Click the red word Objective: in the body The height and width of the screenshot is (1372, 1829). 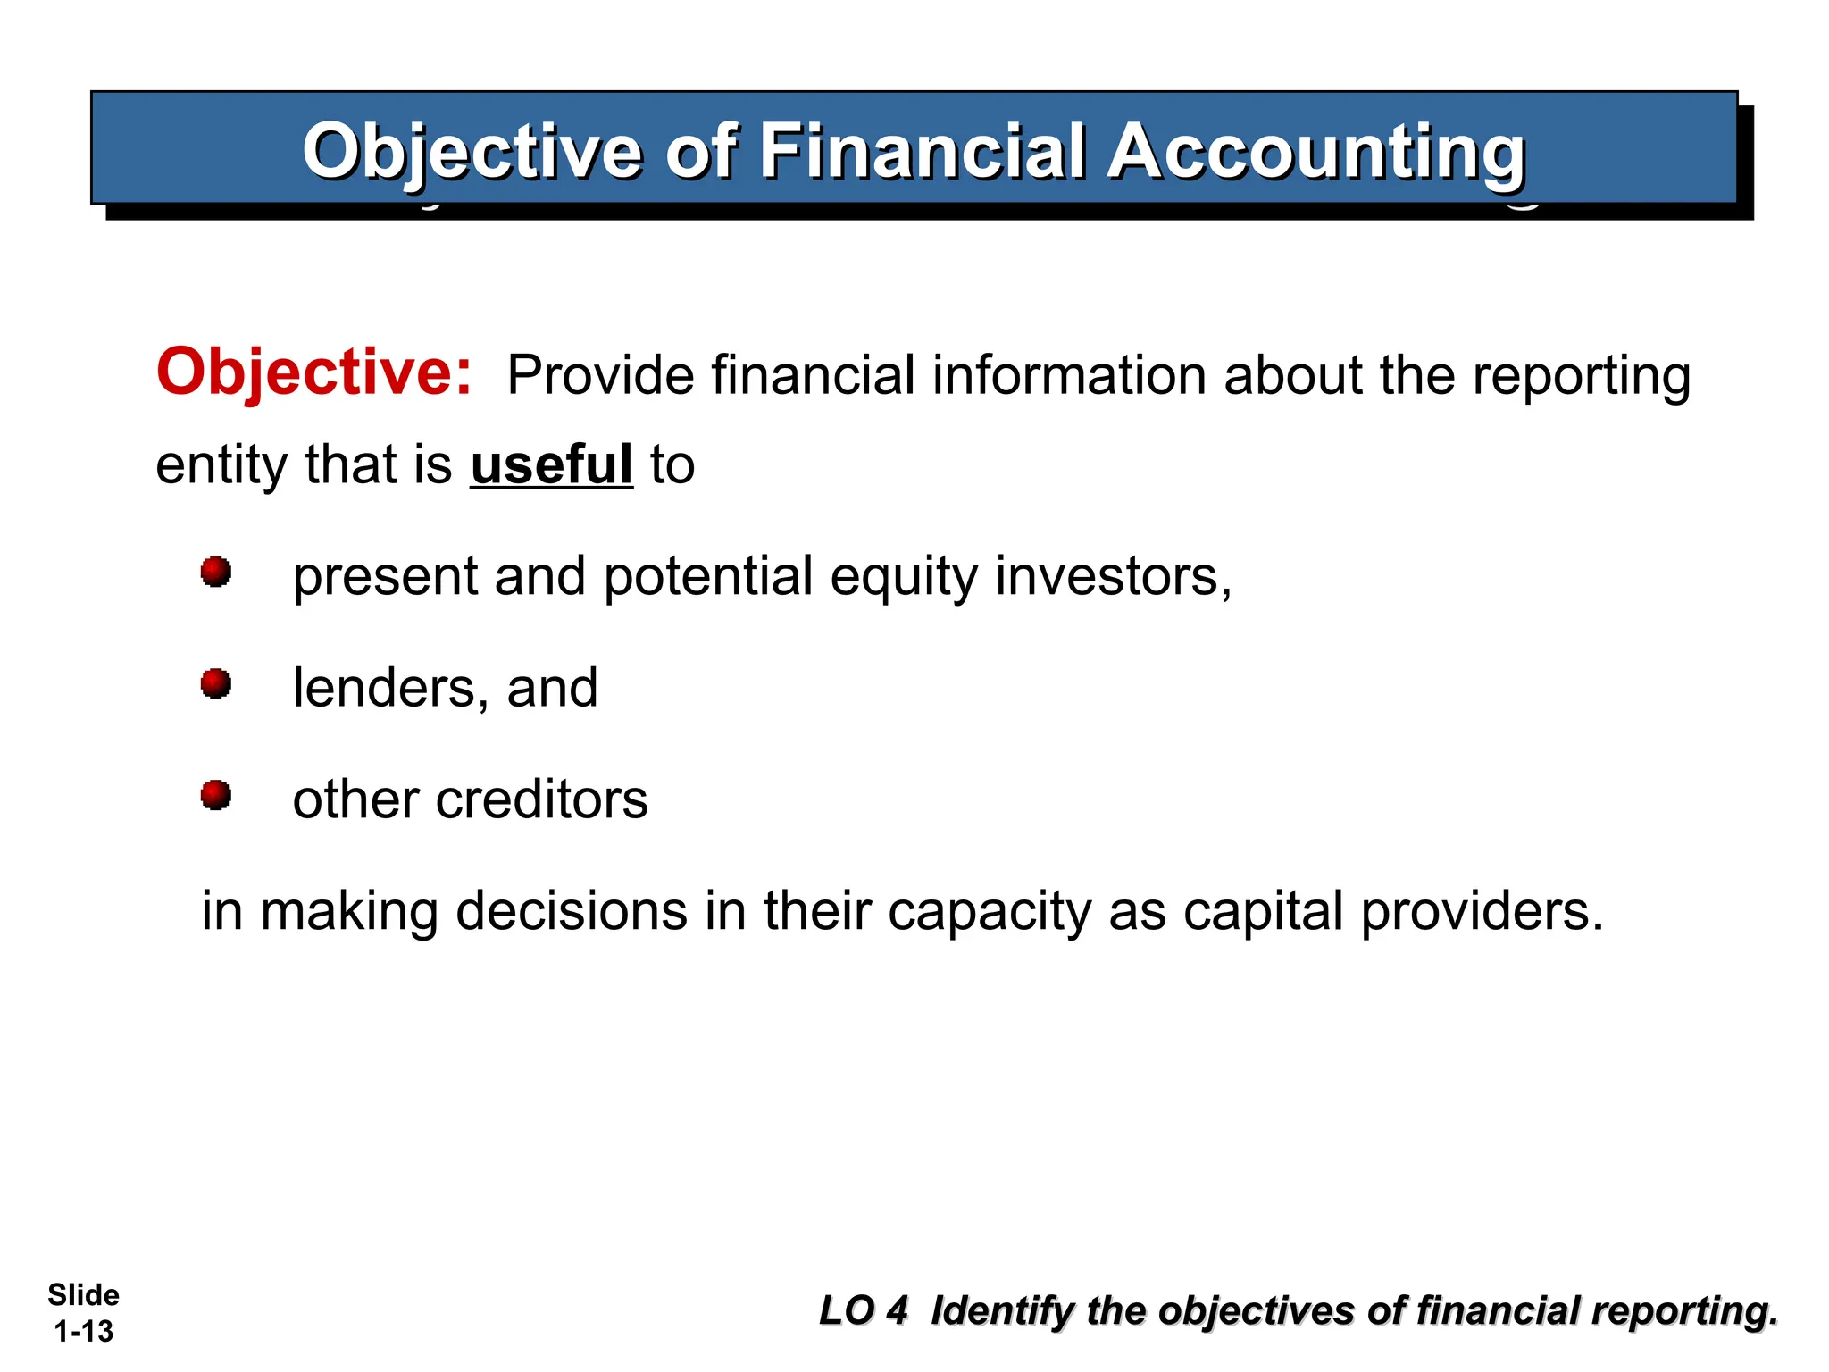click(x=313, y=372)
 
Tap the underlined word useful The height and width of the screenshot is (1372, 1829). click(x=551, y=465)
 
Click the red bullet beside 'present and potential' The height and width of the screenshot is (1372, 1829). click(x=215, y=572)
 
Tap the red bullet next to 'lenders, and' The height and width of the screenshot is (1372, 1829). click(x=215, y=684)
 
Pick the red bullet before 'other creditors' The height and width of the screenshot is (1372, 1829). click(x=215, y=795)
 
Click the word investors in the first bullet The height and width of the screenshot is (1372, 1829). click(x=1113, y=576)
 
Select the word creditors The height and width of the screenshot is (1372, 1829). click(x=541, y=799)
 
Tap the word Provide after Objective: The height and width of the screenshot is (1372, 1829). click(x=600, y=375)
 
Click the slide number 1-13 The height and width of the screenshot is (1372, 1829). click(x=83, y=1332)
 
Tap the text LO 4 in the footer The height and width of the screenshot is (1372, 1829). click(x=863, y=1311)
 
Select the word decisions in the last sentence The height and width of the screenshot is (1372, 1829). click(x=572, y=911)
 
